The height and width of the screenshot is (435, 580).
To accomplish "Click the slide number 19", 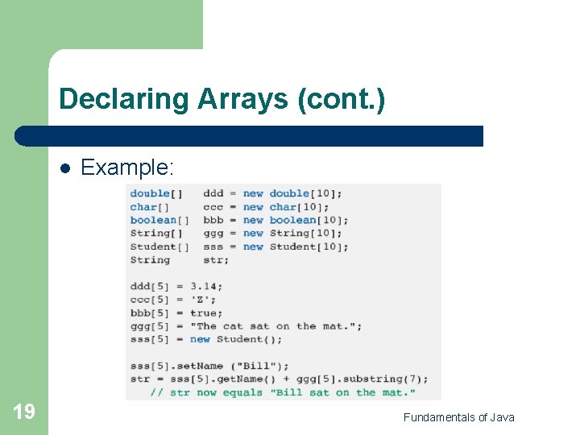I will click(24, 412).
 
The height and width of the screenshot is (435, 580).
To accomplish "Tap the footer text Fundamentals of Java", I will click(458, 416).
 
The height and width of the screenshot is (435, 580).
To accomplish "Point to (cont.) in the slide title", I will click(341, 99).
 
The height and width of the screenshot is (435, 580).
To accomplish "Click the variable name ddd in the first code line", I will click(213, 193).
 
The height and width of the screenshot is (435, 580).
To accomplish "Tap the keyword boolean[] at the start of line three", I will click(159, 220).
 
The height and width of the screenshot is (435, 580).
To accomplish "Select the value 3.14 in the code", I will click(207, 286).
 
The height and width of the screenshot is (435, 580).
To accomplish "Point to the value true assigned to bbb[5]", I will click(206, 313).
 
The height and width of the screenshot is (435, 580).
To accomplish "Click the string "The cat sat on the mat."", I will click(275, 326).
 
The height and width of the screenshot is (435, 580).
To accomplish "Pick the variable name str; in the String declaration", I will click(216, 260).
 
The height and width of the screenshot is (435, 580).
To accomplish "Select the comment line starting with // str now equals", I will click(282, 392).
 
